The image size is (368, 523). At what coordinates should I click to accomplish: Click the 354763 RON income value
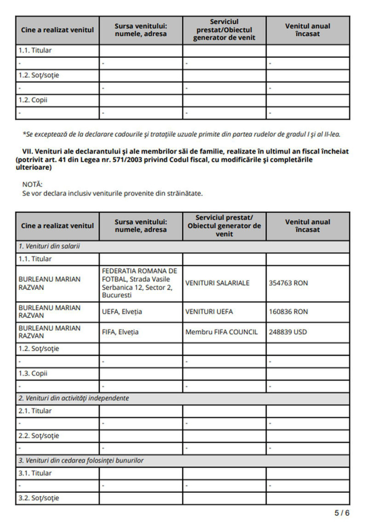288,283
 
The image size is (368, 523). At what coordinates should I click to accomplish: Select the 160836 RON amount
288,312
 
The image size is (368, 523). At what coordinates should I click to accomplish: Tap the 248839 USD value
288,332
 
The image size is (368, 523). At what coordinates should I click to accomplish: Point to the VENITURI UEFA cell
209,312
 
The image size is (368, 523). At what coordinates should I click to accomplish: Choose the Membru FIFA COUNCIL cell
221,332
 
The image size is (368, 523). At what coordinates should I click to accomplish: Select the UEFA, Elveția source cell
122,312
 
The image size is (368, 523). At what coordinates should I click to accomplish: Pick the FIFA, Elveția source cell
120,332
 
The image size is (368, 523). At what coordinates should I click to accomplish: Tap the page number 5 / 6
342,513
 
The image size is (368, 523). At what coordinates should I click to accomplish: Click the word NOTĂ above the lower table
32,185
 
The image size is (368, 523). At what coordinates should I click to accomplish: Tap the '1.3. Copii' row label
33,374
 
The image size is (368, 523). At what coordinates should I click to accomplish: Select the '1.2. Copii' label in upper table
33,100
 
